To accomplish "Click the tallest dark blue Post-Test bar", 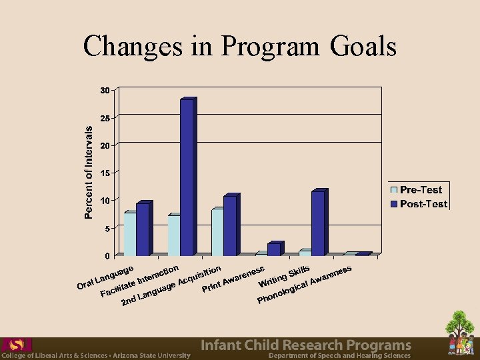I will tap(187, 177).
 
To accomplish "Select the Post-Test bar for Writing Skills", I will tap(318, 223).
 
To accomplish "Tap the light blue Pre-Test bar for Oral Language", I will tap(129, 234).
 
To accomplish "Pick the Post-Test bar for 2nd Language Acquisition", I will tap(229, 225).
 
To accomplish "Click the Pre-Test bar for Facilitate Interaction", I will tap(173, 235).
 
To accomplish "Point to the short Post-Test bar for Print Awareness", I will tap(273, 249).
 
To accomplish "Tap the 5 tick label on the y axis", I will tap(107, 228).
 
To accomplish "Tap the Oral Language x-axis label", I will tap(107, 277).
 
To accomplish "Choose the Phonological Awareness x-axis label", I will tap(305, 285).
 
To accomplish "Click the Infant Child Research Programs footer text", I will tap(306, 345).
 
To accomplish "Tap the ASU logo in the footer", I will tap(17, 344).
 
